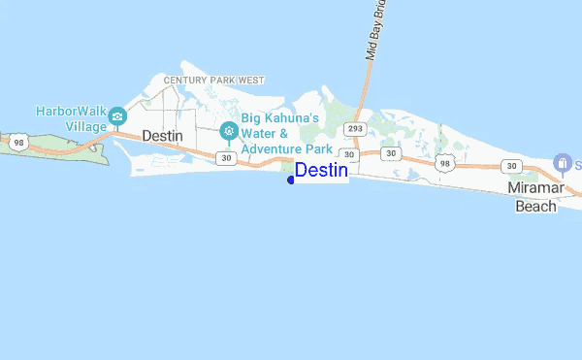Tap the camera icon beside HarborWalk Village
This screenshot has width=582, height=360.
tap(116, 117)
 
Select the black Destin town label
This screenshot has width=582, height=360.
tap(162, 136)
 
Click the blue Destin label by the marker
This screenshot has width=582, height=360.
tap(321, 171)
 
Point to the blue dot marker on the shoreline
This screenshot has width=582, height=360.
tap(291, 179)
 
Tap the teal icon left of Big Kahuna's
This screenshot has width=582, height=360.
tap(229, 130)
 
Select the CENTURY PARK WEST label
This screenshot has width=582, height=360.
tap(214, 80)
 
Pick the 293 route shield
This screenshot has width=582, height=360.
tap(354, 128)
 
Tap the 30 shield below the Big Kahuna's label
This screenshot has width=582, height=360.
tap(226, 157)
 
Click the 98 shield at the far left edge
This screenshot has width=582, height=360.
tap(18, 143)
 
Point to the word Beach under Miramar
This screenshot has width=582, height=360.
tap(535, 206)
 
